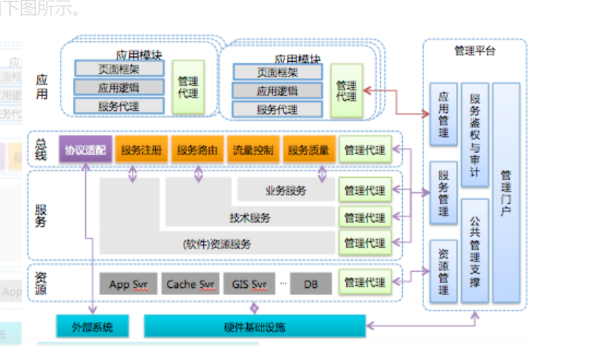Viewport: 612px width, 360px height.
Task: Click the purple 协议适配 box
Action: click(x=85, y=150)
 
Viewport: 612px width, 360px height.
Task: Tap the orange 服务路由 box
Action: click(x=197, y=150)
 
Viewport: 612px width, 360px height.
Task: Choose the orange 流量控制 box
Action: click(x=253, y=150)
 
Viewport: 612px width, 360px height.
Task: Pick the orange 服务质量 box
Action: click(x=309, y=150)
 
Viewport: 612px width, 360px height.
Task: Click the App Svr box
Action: click(x=129, y=283)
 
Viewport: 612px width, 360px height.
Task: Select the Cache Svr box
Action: click(x=190, y=283)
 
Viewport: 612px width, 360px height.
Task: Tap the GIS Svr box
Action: click(x=248, y=283)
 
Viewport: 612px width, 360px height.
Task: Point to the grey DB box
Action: click(x=310, y=283)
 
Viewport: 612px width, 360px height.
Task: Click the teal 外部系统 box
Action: click(x=93, y=326)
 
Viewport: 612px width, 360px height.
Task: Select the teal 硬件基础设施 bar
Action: click(x=254, y=326)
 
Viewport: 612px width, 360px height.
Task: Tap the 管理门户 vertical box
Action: click(x=506, y=192)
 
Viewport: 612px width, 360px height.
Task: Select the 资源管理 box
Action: click(x=443, y=271)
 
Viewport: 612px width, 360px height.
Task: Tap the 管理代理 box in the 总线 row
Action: click(x=365, y=150)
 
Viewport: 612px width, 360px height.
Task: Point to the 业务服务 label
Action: click(x=286, y=190)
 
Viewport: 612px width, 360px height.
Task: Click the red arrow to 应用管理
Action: click(x=396, y=101)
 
